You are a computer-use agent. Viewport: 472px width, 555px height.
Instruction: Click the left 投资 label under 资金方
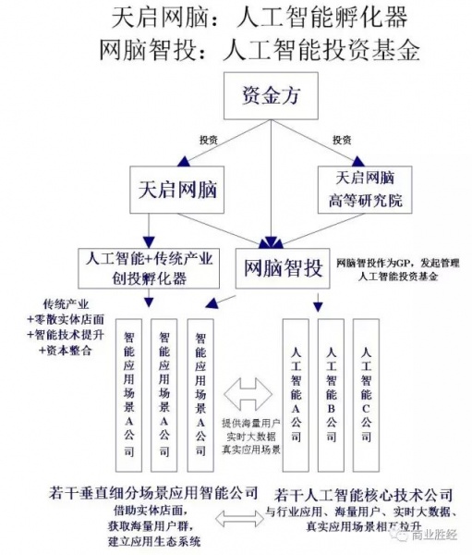(x=210, y=140)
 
